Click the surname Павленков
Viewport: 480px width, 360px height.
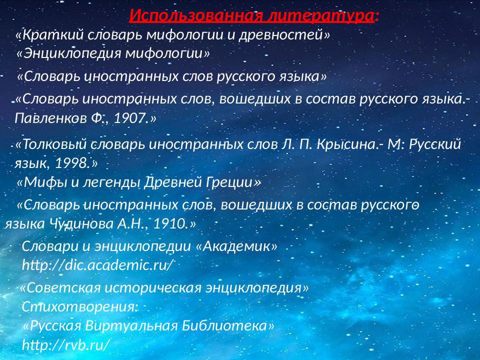[43, 118]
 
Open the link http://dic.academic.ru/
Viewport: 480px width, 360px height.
[97, 265]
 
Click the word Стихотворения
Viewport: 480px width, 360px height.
[79, 306]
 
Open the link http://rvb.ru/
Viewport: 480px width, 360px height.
[65, 344]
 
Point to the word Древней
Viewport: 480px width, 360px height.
[172, 182]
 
